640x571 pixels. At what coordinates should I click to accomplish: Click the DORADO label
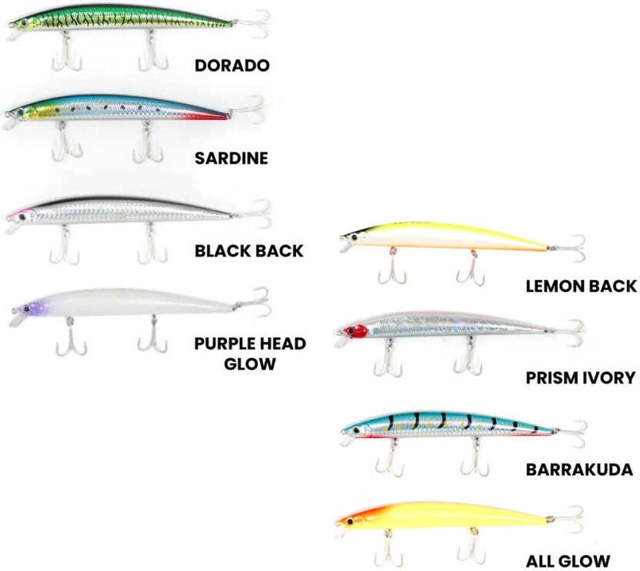(232, 65)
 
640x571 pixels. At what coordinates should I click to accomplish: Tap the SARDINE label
(231, 158)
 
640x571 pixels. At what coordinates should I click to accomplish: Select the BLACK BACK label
(249, 251)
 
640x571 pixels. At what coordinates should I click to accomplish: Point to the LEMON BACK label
(580, 285)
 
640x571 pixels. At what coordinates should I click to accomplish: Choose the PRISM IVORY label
(579, 377)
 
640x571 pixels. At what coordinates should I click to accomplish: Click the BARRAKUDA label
(578, 469)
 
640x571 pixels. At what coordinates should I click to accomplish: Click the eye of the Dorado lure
(22, 23)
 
